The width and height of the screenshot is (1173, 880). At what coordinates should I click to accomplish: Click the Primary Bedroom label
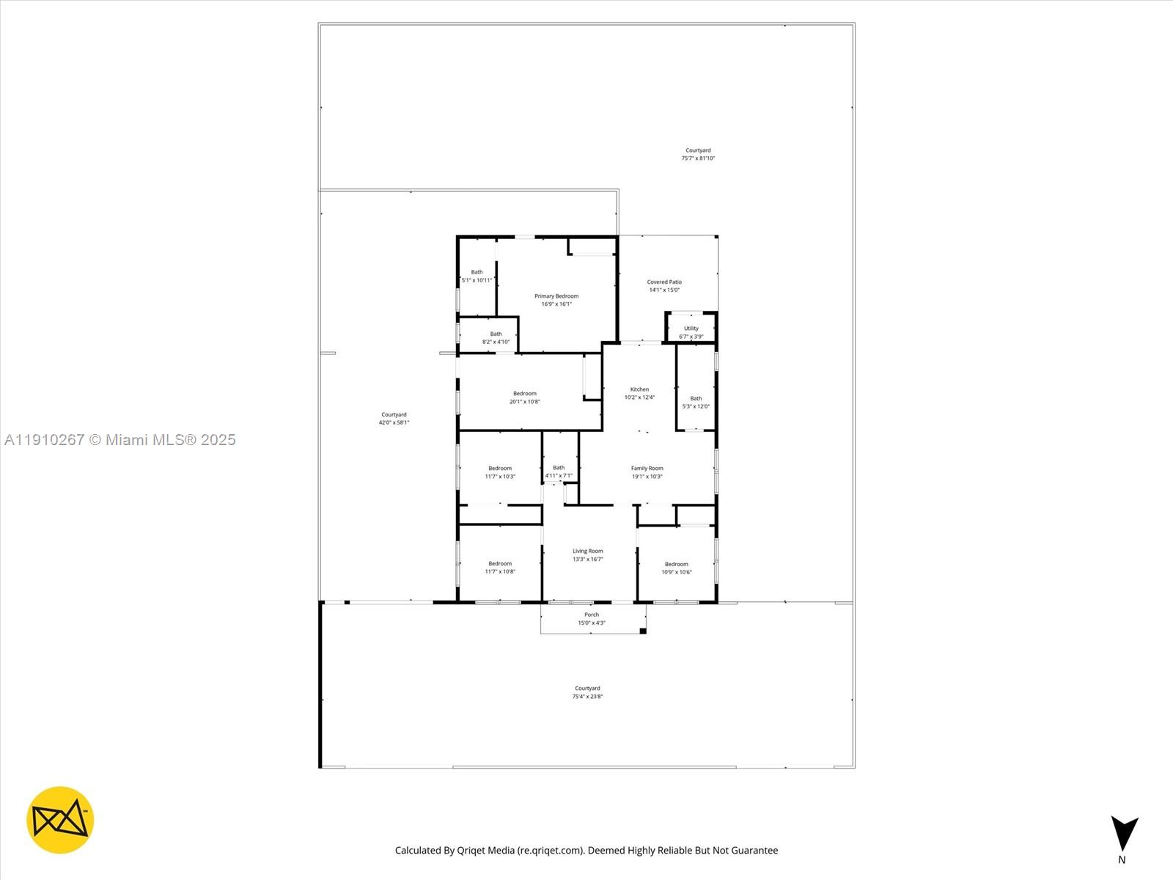tap(556, 296)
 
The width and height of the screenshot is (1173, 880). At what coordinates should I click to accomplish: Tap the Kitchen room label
tap(639, 389)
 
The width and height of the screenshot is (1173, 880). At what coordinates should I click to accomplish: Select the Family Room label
tap(647, 468)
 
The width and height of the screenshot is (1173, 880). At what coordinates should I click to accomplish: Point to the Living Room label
tap(587, 551)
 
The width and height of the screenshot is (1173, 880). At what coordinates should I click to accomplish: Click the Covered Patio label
tap(664, 282)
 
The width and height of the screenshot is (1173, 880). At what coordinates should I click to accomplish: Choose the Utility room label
tap(691, 329)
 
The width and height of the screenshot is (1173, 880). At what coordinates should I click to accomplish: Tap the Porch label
tap(591, 615)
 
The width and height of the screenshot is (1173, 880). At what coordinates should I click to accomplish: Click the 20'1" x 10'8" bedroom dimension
tap(524, 402)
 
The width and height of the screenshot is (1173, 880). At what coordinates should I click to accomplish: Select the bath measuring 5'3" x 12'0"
tap(696, 403)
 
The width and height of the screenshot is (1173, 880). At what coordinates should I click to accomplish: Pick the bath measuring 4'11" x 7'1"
tap(559, 472)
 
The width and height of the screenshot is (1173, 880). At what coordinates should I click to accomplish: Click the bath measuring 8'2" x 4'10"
tap(496, 338)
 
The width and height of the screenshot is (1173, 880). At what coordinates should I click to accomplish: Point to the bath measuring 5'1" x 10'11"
tap(477, 276)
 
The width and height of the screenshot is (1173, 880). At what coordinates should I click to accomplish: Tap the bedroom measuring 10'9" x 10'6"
tap(676, 568)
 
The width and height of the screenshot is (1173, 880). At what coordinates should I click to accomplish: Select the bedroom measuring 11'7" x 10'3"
tap(500, 472)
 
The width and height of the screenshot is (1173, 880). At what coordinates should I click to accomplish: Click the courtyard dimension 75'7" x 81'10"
tap(698, 158)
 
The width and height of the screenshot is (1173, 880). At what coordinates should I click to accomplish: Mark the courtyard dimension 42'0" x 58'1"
tap(394, 422)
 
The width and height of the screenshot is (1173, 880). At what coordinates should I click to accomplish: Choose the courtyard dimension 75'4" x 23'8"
tap(587, 697)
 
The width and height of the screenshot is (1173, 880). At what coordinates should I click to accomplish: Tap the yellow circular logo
tap(60, 820)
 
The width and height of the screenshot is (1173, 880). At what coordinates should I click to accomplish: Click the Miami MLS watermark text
tap(120, 440)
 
